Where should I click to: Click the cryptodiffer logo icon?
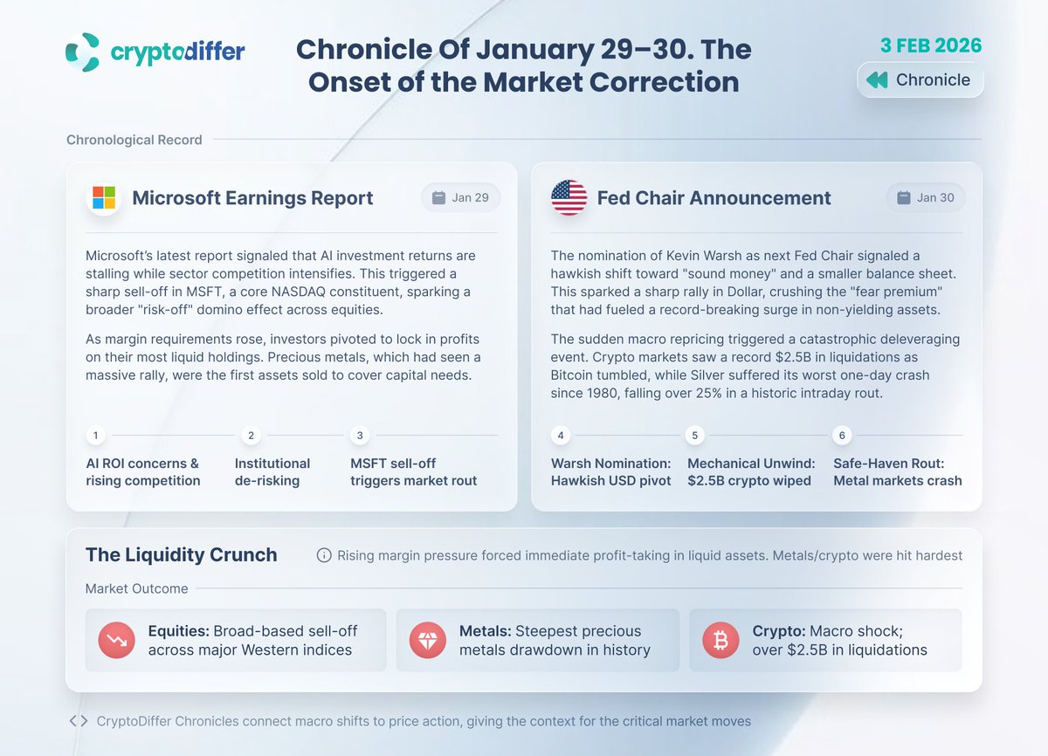pos(83,52)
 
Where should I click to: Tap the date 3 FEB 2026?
pos(931,45)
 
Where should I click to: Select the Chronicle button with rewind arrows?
pos(920,79)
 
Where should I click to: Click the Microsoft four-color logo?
pos(104,197)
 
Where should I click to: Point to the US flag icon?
pos(569,197)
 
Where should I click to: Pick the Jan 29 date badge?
pos(460,197)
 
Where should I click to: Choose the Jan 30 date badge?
pos(925,197)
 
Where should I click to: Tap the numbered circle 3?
pos(359,435)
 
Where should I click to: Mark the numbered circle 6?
pos(842,435)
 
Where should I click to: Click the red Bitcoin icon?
pos(720,640)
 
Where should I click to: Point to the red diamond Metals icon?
pos(428,640)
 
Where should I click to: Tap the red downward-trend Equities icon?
pos(116,640)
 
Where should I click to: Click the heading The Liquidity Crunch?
pos(182,554)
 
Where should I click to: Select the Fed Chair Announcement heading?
pos(714,197)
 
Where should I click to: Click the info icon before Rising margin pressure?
pos(324,555)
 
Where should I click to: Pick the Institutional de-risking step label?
pos(272,471)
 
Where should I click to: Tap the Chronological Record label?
pos(134,140)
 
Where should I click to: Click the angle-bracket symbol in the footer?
pos(78,721)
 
